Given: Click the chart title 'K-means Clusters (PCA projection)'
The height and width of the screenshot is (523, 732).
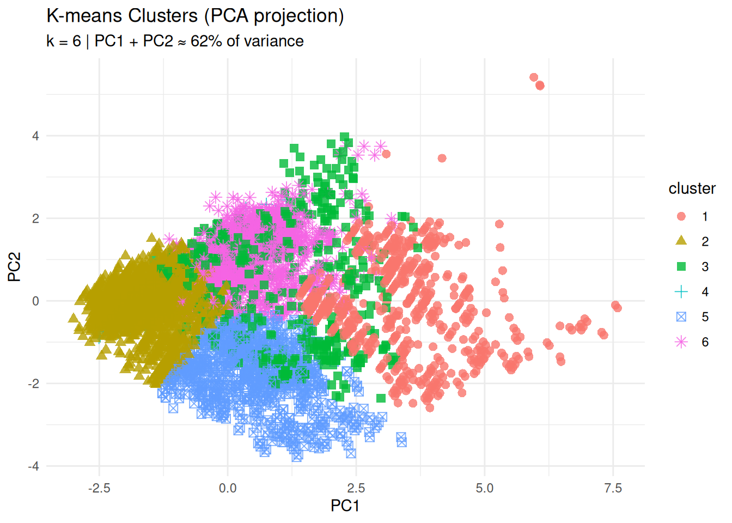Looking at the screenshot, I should (195, 16).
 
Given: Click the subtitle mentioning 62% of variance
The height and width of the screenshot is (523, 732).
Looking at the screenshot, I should (175, 41).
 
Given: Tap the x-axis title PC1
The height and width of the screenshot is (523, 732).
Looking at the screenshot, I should (345, 506).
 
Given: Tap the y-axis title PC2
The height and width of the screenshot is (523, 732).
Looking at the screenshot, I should (15, 266).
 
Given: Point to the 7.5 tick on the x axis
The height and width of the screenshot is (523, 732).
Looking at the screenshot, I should (613, 488).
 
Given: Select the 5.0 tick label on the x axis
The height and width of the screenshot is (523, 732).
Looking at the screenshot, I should (484, 488).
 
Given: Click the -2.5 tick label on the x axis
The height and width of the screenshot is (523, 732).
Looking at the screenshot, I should (99, 488).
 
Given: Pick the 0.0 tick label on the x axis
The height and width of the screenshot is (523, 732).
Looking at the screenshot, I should (228, 488).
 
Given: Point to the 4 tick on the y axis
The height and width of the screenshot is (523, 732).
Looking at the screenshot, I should (36, 136).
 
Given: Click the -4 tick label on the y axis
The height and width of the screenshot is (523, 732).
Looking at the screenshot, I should (34, 466).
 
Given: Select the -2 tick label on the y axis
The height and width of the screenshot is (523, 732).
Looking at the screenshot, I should (34, 384).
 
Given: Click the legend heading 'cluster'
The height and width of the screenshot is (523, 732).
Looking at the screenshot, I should (692, 188).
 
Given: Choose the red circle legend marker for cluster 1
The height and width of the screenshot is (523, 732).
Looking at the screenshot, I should (681, 216).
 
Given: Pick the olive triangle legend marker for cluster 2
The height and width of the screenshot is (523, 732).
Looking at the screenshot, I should (681, 241).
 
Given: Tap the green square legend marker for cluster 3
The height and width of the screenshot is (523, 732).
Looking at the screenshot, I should (681, 266).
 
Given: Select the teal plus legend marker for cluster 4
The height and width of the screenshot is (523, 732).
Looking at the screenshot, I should (681, 291).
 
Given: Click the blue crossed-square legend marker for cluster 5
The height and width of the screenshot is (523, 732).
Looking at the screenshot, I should (681, 317).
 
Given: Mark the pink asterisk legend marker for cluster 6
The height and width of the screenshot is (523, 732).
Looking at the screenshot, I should (681, 342).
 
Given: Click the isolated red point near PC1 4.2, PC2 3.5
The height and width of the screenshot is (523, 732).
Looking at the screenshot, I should (442, 158).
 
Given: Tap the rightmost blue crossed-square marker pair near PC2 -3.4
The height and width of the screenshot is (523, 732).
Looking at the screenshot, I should (401, 439).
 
